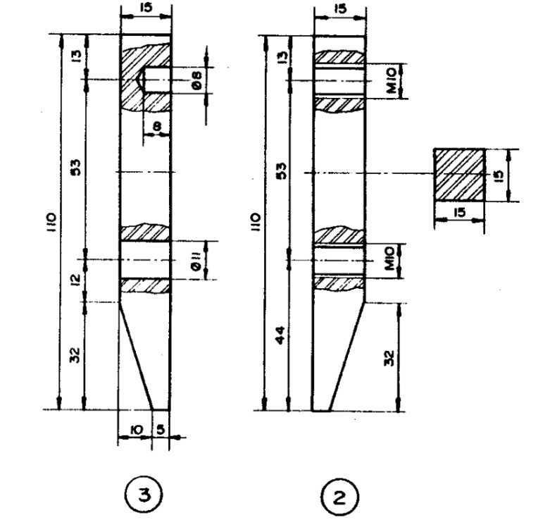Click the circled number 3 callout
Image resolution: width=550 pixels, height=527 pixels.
click(144, 495)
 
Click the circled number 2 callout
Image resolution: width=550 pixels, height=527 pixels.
click(339, 497)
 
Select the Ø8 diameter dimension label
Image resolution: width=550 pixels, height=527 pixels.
click(197, 80)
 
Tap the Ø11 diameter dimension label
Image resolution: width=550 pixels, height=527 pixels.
click(196, 262)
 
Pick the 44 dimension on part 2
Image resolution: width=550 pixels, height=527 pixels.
click(280, 335)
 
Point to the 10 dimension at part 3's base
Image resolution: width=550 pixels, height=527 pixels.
click(136, 430)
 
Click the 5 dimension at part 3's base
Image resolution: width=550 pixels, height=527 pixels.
click(161, 430)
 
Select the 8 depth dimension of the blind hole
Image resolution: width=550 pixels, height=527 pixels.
click(157, 126)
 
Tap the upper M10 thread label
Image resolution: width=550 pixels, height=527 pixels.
click(392, 81)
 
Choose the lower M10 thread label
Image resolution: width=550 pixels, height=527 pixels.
click(390, 259)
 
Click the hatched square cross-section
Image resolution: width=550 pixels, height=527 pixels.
click(459, 175)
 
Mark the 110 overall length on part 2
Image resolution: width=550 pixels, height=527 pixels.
click(256, 222)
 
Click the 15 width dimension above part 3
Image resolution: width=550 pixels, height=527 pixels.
click(146, 8)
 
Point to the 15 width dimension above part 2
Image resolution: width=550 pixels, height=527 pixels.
click(340, 8)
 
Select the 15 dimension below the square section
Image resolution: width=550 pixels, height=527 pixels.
click(459, 212)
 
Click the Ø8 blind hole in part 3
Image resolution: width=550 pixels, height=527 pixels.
click(157, 80)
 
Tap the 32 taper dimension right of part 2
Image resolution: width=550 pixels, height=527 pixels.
click(389, 358)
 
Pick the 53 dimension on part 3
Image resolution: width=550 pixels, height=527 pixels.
click(76, 168)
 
